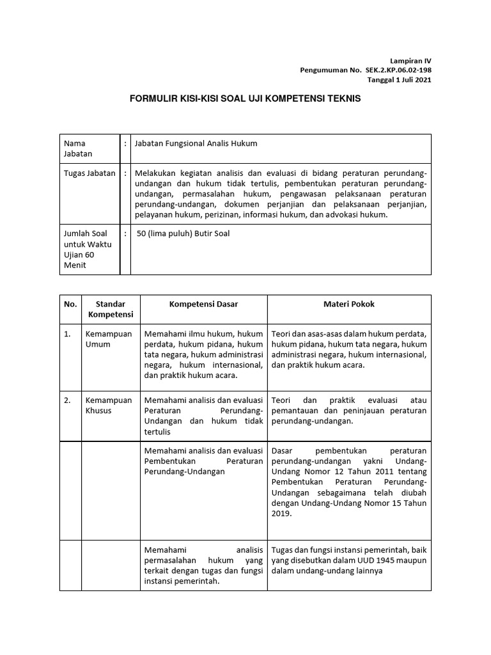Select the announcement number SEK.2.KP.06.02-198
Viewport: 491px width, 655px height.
pyautogui.click(x=397, y=69)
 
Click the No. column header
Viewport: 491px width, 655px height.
pyautogui.click(x=70, y=304)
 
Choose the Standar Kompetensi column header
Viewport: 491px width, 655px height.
pyautogui.click(x=111, y=309)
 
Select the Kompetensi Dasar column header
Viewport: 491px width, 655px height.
pyautogui.click(x=203, y=304)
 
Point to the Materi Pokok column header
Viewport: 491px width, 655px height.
pyautogui.click(x=348, y=304)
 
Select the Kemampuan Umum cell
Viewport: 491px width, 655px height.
pyautogui.click(x=109, y=339)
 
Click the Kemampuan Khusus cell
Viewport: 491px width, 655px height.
pyautogui.click(x=109, y=405)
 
